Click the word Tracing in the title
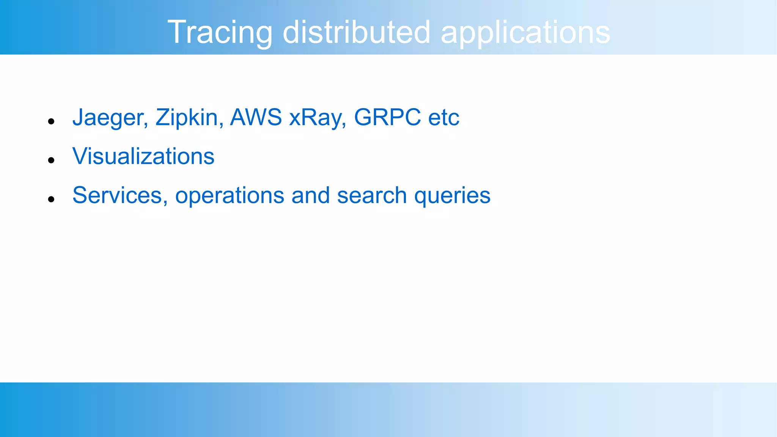(x=220, y=32)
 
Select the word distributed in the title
(x=356, y=32)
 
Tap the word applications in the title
(x=525, y=32)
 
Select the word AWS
(x=256, y=117)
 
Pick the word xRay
(x=316, y=117)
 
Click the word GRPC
(x=387, y=117)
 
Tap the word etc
(x=444, y=117)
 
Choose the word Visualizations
(x=143, y=156)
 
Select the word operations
(x=230, y=196)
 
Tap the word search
(x=372, y=195)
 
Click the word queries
(x=452, y=196)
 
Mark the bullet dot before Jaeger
(x=52, y=121)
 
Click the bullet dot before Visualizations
(x=52, y=160)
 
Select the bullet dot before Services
(x=52, y=199)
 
